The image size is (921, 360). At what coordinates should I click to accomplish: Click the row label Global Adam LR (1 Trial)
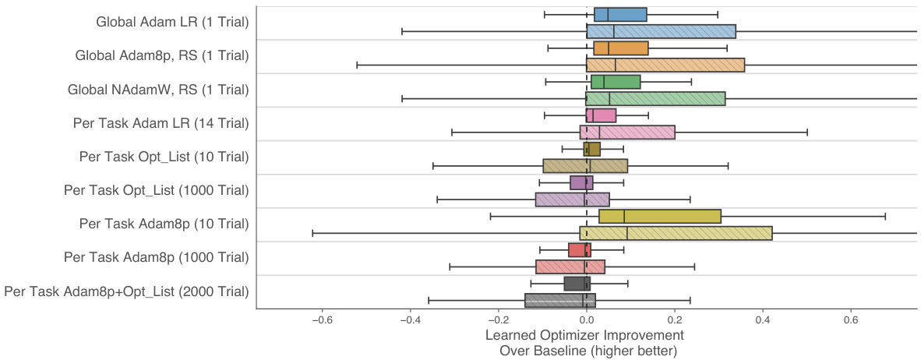(172, 23)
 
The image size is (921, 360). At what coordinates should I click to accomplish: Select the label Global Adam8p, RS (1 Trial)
(162, 56)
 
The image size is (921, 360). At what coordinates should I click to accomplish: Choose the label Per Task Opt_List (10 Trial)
(164, 157)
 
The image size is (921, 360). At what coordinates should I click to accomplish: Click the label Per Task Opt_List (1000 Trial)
(156, 190)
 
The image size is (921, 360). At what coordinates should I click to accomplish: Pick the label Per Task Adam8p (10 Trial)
(164, 224)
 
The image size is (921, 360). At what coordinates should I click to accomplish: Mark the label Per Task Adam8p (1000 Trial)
(157, 257)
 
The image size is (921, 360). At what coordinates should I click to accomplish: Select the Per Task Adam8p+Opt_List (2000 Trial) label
(127, 291)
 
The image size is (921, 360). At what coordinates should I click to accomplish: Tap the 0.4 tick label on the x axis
(763, 319)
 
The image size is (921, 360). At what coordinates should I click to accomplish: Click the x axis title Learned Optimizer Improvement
(584, 335)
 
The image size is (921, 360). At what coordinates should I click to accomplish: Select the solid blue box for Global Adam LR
(620, 14)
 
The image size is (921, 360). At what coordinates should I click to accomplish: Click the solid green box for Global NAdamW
(616, 82)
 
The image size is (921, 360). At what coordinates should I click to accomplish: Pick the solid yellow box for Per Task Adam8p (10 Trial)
(660, 216)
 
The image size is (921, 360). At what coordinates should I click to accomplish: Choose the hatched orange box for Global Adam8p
(665, 65)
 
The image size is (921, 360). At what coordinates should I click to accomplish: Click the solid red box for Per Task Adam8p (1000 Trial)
(580, 250)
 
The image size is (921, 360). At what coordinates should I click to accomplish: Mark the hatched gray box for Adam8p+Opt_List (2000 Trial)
(560, 300)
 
